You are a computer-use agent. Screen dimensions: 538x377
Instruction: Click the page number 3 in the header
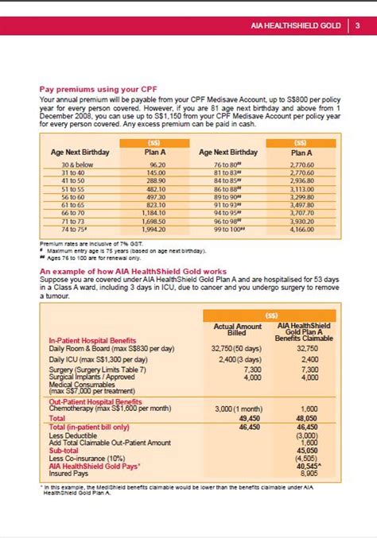pos(357,25)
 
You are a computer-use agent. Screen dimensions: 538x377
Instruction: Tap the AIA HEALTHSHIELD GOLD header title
pos(296,25)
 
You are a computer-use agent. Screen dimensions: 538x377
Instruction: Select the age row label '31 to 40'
pos(72,172)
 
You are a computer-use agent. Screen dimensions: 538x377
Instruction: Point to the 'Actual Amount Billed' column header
pos(238,330)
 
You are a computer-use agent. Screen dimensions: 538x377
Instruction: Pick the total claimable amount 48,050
pos(306,417)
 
